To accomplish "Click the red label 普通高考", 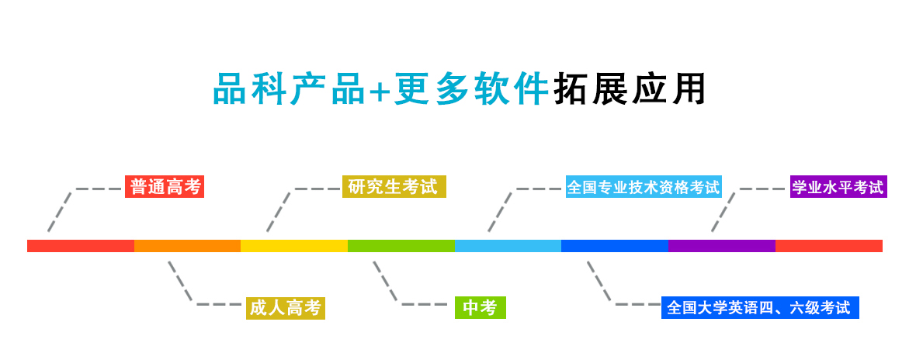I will point(165,187).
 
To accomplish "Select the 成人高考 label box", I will point(285,308).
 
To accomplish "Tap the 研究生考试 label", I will point(394,187).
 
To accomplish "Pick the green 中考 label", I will point(480,308).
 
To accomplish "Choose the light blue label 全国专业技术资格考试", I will point(644,187).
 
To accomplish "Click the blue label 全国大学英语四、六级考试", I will point(759,308).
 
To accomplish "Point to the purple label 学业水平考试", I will point(838,187).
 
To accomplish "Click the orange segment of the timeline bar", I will point(187,246).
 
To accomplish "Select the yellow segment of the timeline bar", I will point(294,246).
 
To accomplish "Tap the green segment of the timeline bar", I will point(401,246).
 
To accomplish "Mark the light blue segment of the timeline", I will point(508,246).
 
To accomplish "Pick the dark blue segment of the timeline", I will point(615,246).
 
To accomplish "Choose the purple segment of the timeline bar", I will point(722,246).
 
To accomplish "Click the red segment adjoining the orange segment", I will point(81,246).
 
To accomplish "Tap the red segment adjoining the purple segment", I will point(829,246).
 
